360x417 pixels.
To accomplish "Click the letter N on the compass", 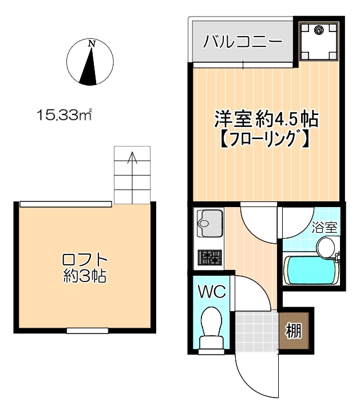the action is coord(92,44).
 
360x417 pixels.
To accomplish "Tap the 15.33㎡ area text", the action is coord(64,115).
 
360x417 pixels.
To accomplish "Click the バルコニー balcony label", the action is coord(243,42).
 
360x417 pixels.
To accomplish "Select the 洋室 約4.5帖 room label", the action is coord(266,119).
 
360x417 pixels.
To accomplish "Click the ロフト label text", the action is coord(85,260).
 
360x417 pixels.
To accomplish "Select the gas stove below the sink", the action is coord(209,257).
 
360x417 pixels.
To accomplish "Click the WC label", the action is coord(212,292).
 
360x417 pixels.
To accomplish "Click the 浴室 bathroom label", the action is coord(325,228).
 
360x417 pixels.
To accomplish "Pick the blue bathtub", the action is coord(311,270).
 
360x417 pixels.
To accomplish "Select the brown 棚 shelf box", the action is coord(294,331).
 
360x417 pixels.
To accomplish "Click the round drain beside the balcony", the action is coord(318,30).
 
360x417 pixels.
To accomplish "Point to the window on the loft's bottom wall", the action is coord(87,331).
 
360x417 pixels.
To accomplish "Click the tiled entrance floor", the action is coord(257,332).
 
